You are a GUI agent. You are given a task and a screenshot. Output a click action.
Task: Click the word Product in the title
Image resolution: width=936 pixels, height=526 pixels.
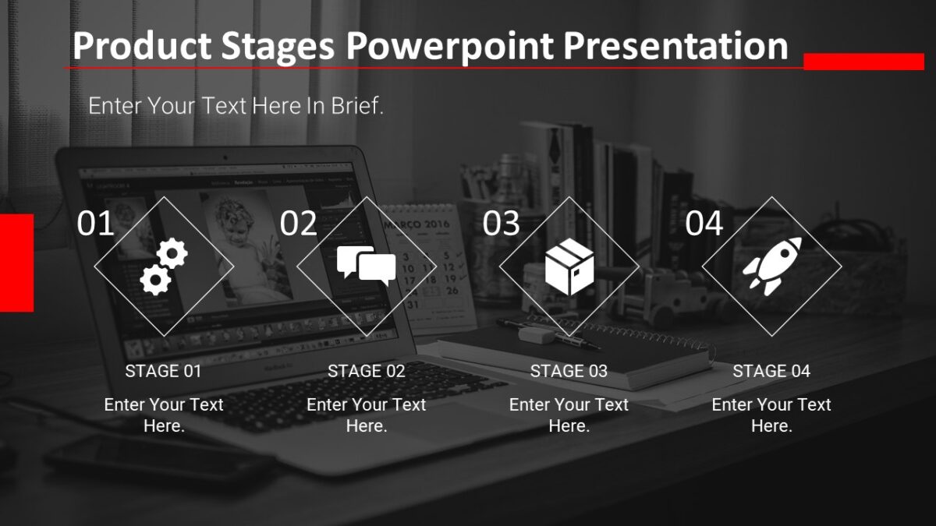point(141,47)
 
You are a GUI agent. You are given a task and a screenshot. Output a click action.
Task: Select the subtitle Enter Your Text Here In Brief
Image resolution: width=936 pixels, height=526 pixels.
point(236,106)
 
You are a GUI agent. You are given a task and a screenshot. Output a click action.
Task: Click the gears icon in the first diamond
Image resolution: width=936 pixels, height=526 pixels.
point(165,267)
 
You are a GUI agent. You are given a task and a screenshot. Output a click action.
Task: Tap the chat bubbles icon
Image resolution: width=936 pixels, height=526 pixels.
point(367,266)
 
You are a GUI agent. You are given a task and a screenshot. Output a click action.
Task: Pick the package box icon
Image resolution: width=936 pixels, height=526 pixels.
point(569,267)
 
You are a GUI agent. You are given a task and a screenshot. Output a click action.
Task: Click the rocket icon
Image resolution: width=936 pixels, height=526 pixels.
point(771,266)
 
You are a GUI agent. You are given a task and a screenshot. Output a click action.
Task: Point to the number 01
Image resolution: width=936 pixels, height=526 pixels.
point(96,224)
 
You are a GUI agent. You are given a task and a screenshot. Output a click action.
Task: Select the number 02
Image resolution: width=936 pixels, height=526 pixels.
point(299,224)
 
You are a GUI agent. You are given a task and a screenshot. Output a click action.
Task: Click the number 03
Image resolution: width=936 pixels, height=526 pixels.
point(501,224)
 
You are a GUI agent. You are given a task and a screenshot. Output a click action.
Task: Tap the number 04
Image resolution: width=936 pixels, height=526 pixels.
point(704,224)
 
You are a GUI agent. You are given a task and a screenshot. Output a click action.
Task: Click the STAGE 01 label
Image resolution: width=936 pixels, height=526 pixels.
point(164,371)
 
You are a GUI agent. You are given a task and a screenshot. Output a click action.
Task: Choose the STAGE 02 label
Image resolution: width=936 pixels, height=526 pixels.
point(367,371)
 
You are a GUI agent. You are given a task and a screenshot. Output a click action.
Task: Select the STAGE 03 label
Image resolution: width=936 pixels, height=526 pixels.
point(569,371)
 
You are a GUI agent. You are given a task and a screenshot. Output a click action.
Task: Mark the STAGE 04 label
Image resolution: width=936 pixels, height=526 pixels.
point(771,371)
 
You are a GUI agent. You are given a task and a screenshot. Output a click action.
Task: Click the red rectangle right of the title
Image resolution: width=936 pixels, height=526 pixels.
point(863,62)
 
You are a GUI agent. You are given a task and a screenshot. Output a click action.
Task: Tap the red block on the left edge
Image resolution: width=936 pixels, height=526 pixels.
point(16,263)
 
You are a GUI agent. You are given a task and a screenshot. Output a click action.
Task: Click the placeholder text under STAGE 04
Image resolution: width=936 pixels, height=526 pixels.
point(771,415)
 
